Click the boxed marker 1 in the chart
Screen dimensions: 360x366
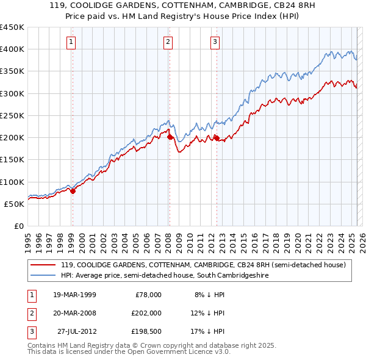pyautogui.click(x=72, y=42)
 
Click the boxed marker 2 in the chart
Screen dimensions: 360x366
pyautogui.click(x=167, y=42)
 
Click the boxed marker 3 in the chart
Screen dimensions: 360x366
pyautogui.click(x=215, y=42)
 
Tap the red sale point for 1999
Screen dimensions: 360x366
pyautogui.click(x=73, y=191)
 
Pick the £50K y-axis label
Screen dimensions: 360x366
pyautogui.click(x=14, y=204)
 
